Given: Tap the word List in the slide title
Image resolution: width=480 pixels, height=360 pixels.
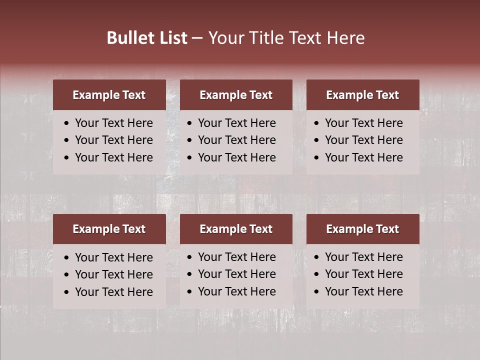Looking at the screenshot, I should [x=171, y=38].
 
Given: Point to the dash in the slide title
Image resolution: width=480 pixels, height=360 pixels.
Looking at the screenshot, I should [x=197, y=38].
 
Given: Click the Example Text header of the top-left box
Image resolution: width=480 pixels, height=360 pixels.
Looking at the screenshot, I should [x=109, y=95].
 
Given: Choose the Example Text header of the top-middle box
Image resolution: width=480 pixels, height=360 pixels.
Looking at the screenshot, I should [x=236, y=95].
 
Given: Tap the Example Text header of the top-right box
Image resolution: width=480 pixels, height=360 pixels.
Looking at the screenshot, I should [x=362, y=95].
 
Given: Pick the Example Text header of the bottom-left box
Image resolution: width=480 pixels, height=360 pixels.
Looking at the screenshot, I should [x=109, y=229].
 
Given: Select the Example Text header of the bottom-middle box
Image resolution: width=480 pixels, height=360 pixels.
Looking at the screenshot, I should [x=236, y=229].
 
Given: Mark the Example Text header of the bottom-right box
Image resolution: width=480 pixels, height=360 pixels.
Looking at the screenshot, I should [x=362, y=229].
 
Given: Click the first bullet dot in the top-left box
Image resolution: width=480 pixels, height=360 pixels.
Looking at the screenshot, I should [x=67, y=123].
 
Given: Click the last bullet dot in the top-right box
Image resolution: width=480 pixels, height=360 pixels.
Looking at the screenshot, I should [x=317, y=158].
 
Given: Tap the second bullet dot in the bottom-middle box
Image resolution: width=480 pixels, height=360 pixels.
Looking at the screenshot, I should [x=190, y=274].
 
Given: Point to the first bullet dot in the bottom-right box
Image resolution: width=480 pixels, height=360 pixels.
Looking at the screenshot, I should [x=317, y=257].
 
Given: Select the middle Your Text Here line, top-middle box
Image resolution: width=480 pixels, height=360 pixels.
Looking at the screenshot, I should [x=236, y=140].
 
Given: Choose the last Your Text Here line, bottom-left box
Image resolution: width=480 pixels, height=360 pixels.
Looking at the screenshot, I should [x=113, y=292].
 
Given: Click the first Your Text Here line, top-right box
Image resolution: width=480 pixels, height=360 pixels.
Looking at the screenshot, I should [x=363, y=123].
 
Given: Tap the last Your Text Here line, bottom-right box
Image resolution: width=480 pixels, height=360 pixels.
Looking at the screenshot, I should [x=363, y=291].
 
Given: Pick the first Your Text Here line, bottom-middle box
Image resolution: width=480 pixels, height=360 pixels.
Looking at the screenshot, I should [x=236, y=257].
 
